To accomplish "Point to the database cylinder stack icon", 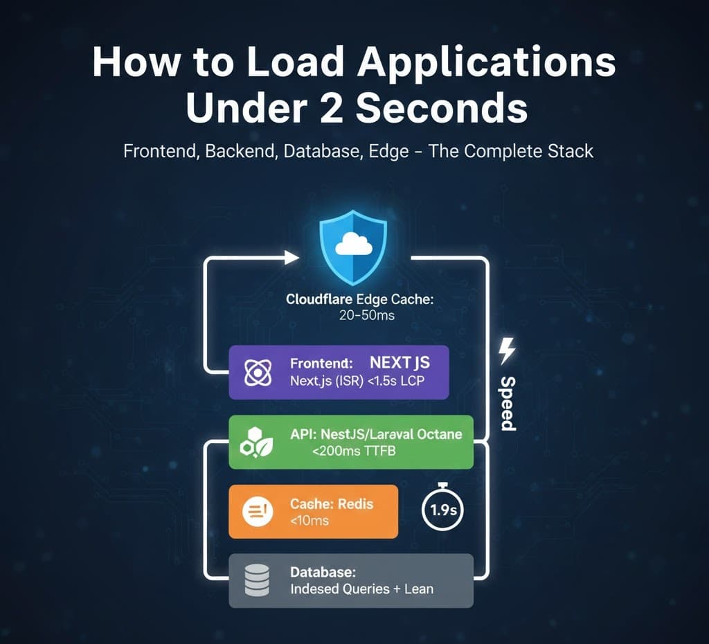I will pyautogui.click(x=258, y=581).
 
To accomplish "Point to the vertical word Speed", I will pyautogui.click(x=508, y=403).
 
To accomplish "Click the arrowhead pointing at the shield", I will pyautogui.click(x=291, y=258).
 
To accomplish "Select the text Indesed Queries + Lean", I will pyautogui.click(x=361, y=589).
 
